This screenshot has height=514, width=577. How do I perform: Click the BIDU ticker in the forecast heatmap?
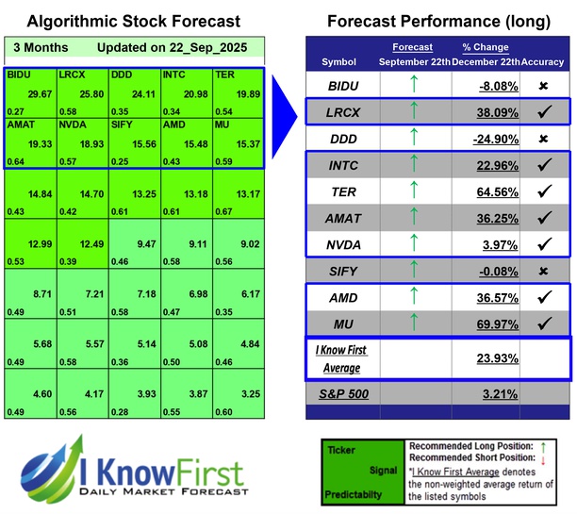pos(18,73)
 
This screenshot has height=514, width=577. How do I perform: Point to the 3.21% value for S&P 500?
pos(485,393)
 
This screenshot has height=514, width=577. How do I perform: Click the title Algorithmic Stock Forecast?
pos(133,21)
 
